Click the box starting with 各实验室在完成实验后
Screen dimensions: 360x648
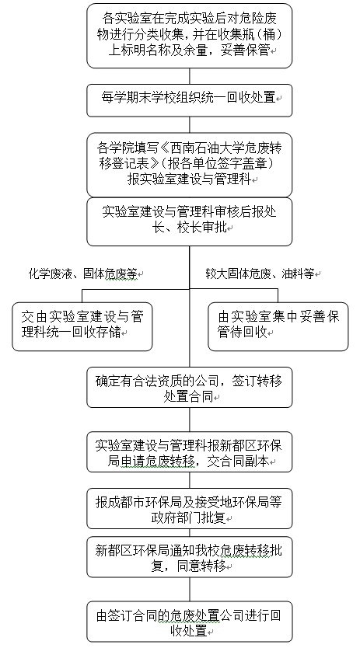189,36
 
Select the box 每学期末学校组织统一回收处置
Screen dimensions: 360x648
189,100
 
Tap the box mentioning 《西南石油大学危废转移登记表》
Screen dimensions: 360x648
189,165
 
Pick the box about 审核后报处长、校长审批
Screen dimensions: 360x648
189,221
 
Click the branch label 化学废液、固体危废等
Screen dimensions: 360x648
83,274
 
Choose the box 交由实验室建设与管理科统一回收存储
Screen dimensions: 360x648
82,326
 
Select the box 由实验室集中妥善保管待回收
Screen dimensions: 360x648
278,326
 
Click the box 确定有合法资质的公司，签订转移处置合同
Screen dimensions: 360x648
189,387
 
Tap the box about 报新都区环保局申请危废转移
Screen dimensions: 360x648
189,451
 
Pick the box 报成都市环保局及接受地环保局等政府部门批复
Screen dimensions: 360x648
189,508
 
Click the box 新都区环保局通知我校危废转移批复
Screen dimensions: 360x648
189,556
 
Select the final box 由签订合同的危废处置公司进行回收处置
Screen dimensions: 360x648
189,622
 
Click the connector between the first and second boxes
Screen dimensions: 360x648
190,76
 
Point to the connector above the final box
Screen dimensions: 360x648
190,589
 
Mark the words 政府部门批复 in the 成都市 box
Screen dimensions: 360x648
189,517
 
